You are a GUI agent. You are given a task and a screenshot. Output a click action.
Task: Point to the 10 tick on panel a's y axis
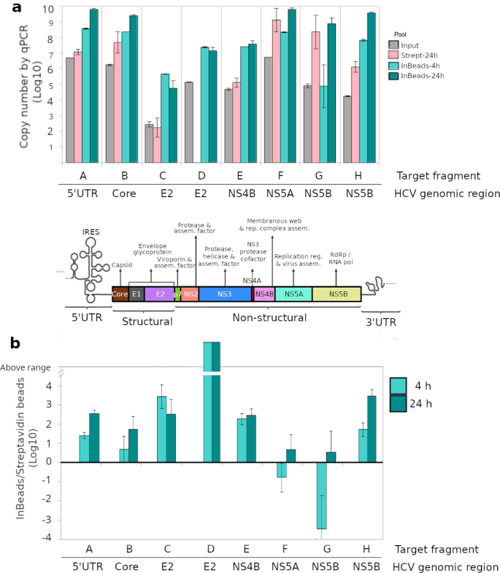point(47,9)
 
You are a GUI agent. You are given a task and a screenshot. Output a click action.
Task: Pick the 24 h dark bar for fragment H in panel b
point(371,428)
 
